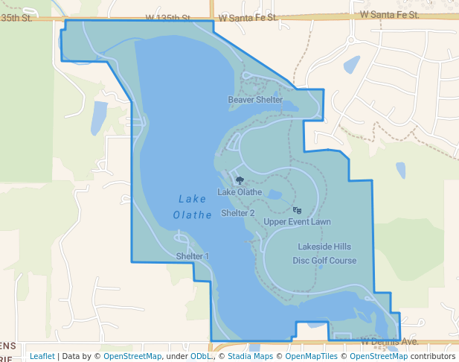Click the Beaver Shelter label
click(255, 100)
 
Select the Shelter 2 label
click(238, 213)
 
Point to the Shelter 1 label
click(192, 256)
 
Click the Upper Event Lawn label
click(297, 222)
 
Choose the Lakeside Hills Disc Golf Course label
click(324, 253)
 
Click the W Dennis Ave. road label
click(390, 341)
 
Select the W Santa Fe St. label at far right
click(390, 14)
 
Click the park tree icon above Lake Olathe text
click(239, 180)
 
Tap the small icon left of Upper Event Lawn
click(298, 210)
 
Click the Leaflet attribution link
click(42, 356)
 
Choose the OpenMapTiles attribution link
click(307, 356)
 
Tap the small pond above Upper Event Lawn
click(275, 195)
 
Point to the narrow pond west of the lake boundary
click(98, 118)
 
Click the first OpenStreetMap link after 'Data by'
click(132, 356)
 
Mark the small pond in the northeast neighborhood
click(351, 64)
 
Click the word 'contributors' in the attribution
click(432, 356)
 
